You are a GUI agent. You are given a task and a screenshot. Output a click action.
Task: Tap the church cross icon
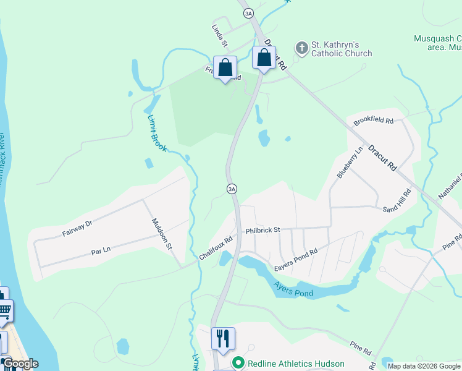click(301, 48)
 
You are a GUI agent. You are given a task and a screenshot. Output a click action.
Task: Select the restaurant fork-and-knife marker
click(223, 338)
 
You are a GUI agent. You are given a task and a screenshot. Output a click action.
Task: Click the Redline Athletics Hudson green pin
click(237, 363)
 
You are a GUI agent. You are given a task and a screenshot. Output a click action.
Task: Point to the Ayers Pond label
click(293, 289)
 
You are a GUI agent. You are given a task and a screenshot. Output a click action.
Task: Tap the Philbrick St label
click(262, 230)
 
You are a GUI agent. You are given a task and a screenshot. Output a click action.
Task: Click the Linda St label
click(220, 36)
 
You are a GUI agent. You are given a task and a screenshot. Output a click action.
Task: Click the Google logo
click(20, 364)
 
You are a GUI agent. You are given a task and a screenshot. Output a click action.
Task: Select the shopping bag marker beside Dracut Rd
click(264, 58)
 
